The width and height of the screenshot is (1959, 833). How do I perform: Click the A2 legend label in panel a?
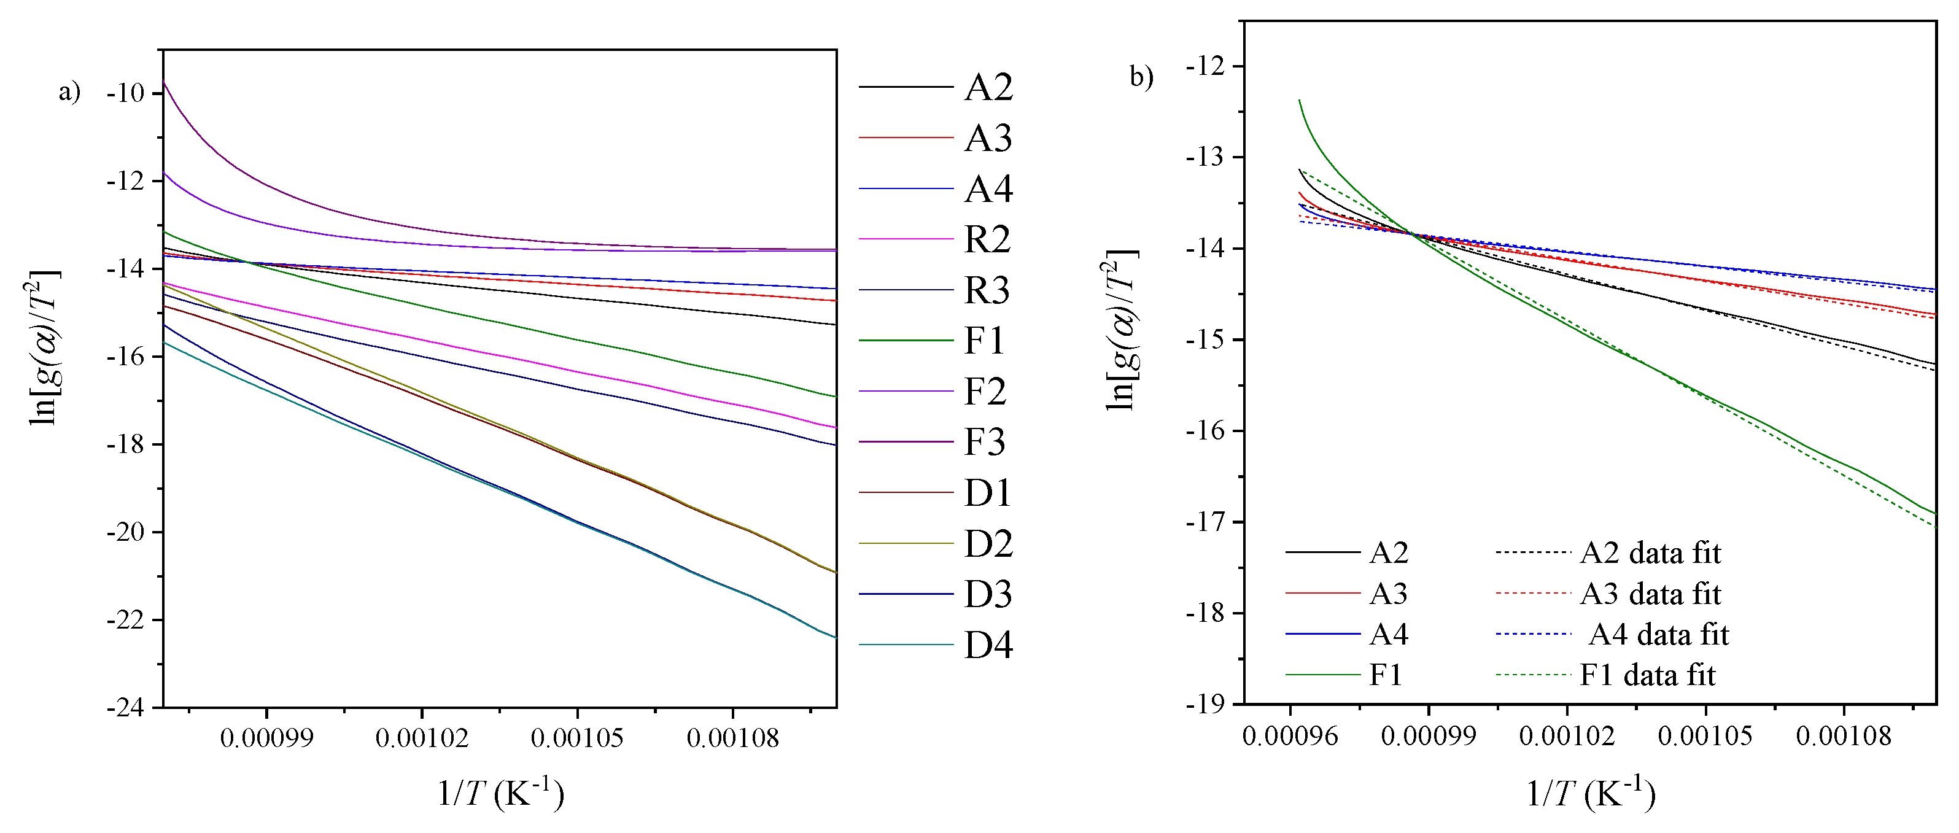(988, 88)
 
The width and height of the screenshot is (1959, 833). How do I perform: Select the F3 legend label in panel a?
(984, 442)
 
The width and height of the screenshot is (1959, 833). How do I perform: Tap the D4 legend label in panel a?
(988, 645)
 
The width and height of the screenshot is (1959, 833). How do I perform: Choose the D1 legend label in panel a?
(987, 493)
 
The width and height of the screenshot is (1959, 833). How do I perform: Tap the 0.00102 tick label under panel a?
(422, 737)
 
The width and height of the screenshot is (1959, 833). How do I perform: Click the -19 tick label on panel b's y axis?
(1208, 705)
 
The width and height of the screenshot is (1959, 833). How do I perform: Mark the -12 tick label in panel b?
(1208, 66)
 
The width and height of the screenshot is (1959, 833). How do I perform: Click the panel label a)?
(69, 91)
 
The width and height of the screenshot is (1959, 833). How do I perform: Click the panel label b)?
(1141, 77)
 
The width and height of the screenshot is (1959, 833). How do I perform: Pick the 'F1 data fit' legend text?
(1647, 675)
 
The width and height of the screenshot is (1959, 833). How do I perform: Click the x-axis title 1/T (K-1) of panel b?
(1590, 794)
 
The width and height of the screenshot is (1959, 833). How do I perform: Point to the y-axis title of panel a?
(44, 347)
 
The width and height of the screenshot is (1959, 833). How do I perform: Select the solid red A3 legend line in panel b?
(1322, 592)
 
